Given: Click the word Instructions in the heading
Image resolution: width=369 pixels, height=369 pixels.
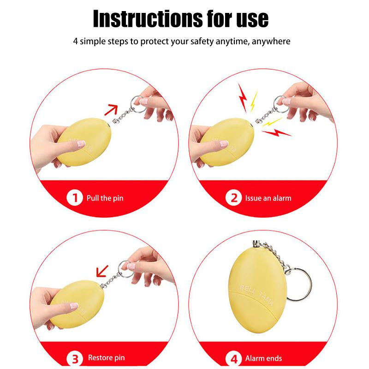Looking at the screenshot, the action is (148, 19).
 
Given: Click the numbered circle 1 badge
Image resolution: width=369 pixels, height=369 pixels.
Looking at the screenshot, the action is (75, 198).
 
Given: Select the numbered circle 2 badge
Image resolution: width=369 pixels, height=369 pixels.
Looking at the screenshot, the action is (233, 198).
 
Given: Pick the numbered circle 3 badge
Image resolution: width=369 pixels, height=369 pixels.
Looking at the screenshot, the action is (75, 359).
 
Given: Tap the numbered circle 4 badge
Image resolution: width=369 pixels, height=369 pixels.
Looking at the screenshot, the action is (234, 359).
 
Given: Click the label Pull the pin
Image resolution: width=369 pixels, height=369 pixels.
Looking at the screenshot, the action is (105, 198).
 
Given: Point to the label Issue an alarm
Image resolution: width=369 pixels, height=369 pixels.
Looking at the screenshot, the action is (268, 198).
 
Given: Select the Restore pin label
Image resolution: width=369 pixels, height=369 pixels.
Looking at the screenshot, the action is (107, 358).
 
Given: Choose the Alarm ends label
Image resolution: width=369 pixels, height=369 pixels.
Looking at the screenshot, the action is (263, 358).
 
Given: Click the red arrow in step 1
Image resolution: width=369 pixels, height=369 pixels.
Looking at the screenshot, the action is (111, 110).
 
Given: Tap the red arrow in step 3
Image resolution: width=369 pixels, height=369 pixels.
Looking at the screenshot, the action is (102, 271).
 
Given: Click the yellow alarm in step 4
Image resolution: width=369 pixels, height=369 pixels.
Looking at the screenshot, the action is (257, 291).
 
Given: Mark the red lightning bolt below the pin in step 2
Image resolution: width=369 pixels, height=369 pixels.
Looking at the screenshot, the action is (277, 133).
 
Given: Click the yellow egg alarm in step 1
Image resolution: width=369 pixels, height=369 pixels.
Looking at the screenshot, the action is (84, 142).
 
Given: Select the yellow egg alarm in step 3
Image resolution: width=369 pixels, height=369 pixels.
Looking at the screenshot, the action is (77, 304).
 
